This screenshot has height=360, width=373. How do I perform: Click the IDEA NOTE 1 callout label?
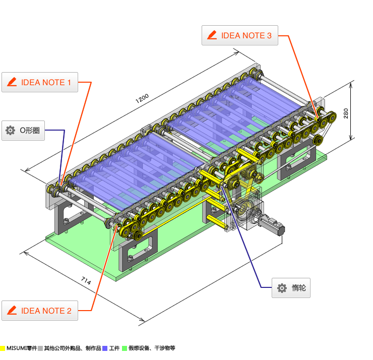[x=40, y=82]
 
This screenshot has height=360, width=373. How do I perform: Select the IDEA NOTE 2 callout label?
[x=40, y=311]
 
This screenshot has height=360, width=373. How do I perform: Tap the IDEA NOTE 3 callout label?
[x=240, y=35]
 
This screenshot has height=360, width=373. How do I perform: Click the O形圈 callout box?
[x=23, y=131]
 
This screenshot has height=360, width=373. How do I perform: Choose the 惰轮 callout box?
[x=291, y=288]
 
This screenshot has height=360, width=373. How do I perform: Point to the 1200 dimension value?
[x=142, y=98]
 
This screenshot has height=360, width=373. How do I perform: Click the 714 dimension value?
[x=86, y=280]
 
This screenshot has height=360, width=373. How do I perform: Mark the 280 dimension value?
[x=346, y=113]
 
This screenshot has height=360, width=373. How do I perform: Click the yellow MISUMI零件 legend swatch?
[x=3, y=348]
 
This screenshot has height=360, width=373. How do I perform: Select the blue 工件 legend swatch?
[x=105, y=348]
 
